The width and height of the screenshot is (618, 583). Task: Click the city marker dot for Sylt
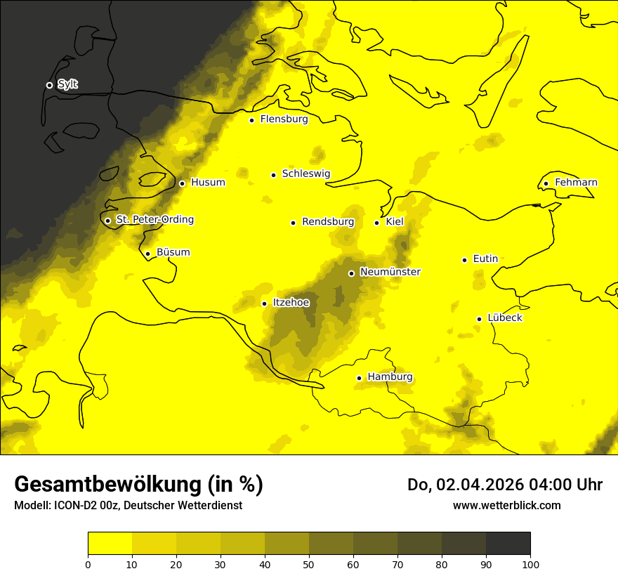pos(49,85)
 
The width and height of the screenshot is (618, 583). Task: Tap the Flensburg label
pos(284,119)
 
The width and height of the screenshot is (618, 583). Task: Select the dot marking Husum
pos(182,183)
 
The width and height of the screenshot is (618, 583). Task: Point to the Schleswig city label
pos(305,173)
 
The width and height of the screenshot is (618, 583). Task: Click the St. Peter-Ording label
pos(154,220)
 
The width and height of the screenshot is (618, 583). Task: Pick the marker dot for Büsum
pos(147,254)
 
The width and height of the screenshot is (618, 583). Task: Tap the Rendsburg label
pos(328,222)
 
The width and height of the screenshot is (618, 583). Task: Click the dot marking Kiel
pos(376,223)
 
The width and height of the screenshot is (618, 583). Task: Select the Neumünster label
pos(390,272)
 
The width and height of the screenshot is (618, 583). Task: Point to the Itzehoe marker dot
pos(264,303)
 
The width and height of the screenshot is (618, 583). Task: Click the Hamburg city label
pos(390,377)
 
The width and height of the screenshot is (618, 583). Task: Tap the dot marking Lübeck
pos(479,319)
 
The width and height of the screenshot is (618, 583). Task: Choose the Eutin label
pos(485,259)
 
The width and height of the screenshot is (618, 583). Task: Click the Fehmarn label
pos(576,183)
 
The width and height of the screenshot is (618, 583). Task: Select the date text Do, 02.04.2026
pos(470,485)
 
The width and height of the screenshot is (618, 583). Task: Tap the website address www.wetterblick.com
pos(507,506)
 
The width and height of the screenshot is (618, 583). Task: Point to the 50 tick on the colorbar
pos(309,564)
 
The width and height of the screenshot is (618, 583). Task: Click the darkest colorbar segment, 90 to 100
pos(508,544)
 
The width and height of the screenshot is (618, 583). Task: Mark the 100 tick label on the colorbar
pos(530,564)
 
